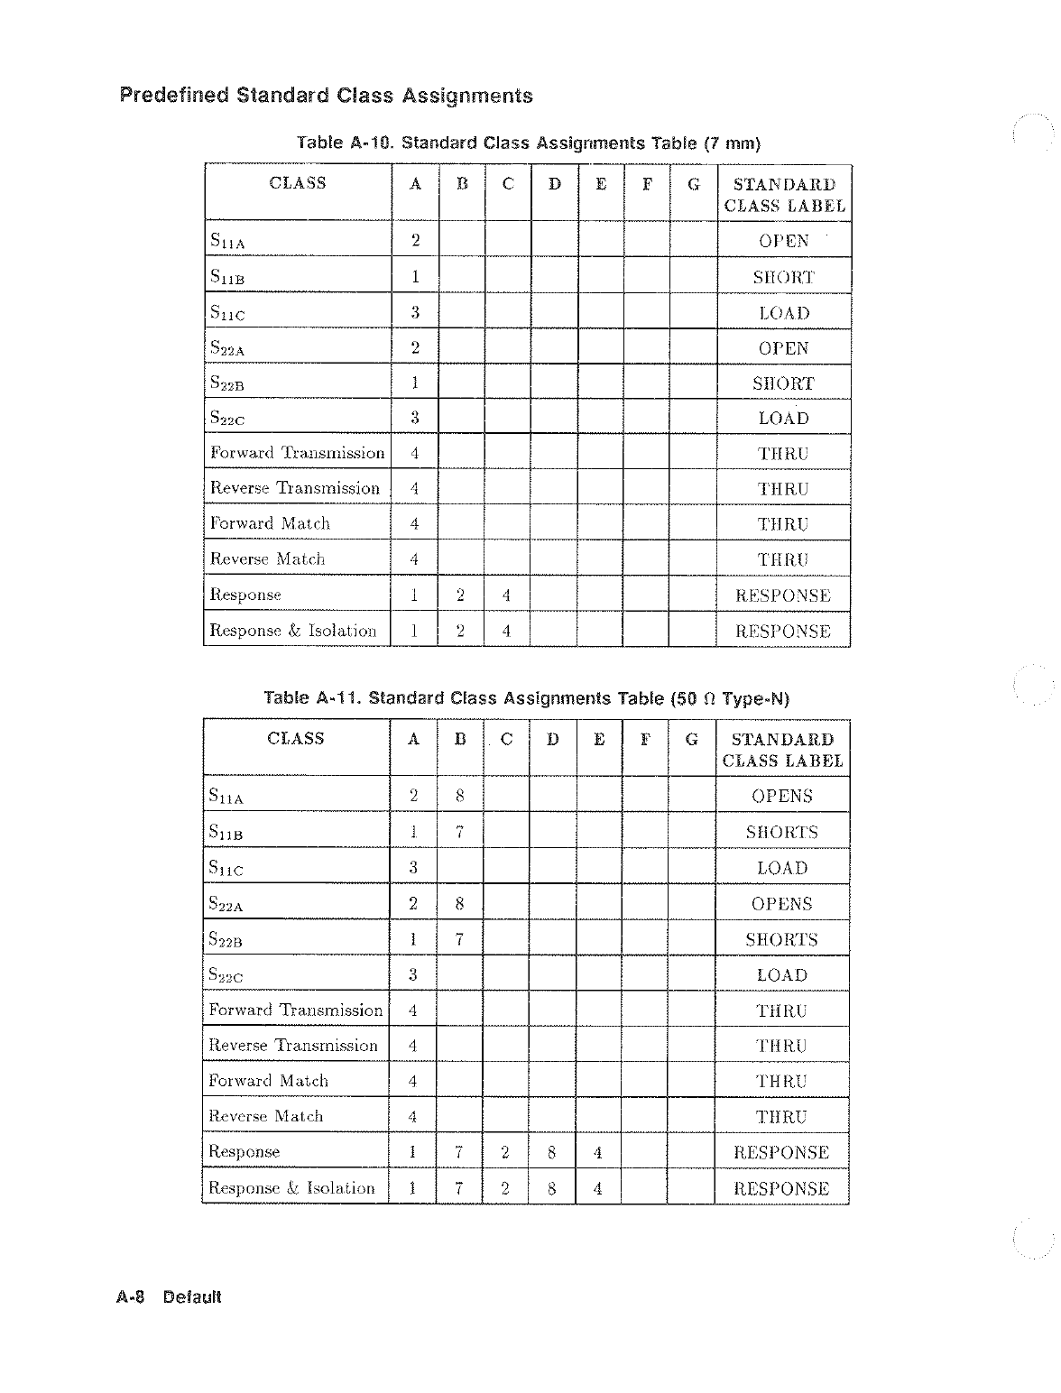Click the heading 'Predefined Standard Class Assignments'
click(x=326, y=96)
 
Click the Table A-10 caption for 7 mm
click(x=529, y=143)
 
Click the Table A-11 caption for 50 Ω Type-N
click(x=526, y=698)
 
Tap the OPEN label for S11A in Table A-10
click(x=783, y=241)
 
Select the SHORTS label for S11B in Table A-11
click(x=781, y=832)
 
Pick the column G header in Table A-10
click(x=693, y=184)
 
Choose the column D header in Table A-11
click(x=552, y=739)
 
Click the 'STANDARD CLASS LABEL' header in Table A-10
click(x=784, y=195)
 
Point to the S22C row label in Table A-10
click(x=227, y=418)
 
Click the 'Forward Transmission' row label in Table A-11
click(x=295, y=1010)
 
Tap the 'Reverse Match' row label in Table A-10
click(x=267, y=558)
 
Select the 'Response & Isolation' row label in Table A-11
click(x=291, y=1187)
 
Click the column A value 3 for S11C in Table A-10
click(x=415, y=312)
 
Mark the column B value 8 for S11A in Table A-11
click(x=459, y=796)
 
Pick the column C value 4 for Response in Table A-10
click(x=507, y=595)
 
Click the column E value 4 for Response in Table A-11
click(x=598, y=1152)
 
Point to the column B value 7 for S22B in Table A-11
click(x=459, y=939)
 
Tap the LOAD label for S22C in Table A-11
click(x=781, y=975)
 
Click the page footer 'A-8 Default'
click(x=169, y=1297)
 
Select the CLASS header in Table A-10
click(x=298, y=183)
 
